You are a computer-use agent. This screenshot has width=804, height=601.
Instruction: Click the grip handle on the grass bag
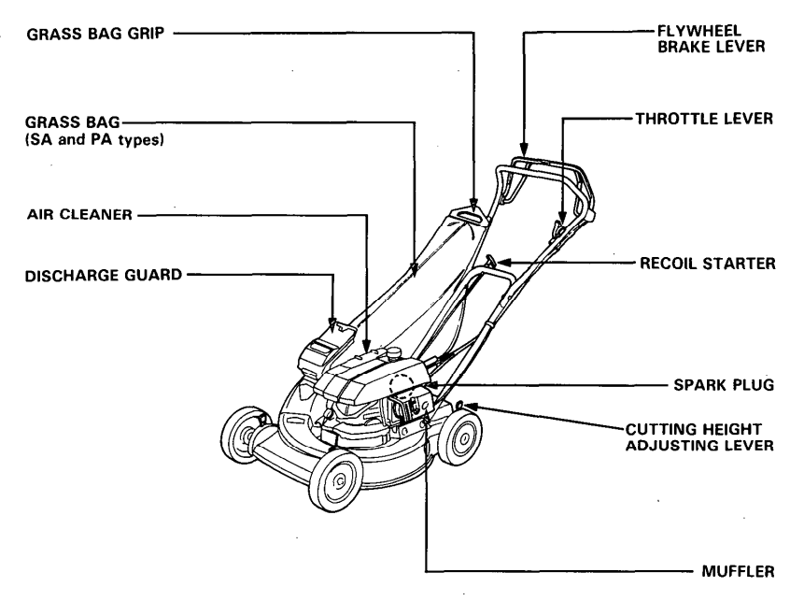474,216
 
